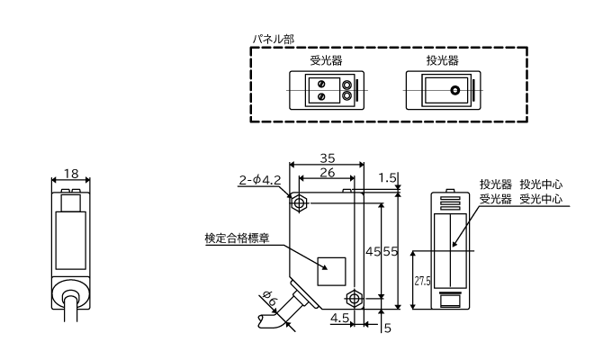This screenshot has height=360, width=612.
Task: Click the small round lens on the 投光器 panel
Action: coord(456,91)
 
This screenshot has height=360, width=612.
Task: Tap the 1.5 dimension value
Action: coord(387,179)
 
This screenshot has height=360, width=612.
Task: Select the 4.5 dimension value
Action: coord(340,317)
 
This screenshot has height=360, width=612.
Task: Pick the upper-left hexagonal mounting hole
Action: coord(301,202)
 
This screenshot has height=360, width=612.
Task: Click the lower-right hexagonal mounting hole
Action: coord(355,295)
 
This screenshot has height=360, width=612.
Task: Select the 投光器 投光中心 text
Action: coord(521,184)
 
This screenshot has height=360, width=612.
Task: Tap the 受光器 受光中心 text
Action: coord(521,199)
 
